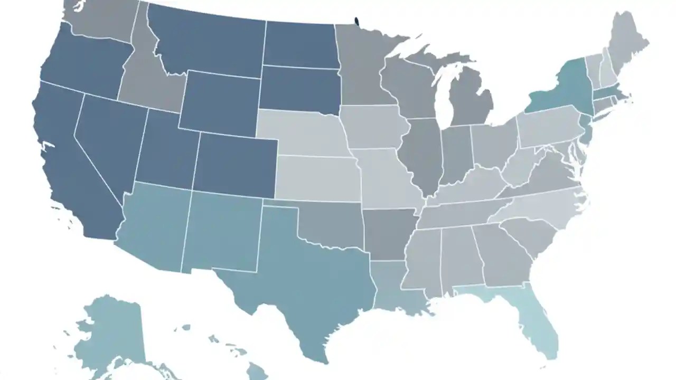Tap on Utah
[166, 153]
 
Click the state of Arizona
[153, 227]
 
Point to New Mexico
[222, 232]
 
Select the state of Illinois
[422, 153]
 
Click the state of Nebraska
[301, 132]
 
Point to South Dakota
[298, 90]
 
